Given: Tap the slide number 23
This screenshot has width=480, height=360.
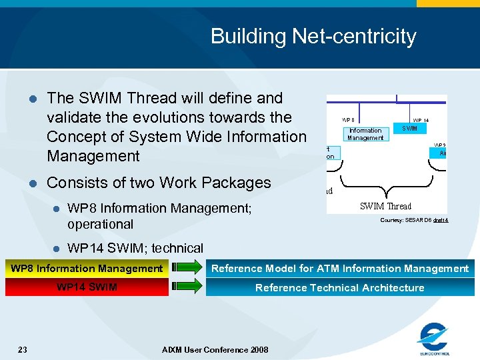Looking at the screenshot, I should (x=23, y=349).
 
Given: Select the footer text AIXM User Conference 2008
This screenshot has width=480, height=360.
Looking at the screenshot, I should (x=215, y=350).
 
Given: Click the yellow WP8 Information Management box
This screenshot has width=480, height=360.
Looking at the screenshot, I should (x=87, y=269).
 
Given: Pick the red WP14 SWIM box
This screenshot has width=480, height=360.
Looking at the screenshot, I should (x=87, y=287).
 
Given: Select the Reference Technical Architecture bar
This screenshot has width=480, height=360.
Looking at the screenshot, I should (x=340, y=287).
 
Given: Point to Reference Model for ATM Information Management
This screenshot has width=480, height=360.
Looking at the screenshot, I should (x=340, y=269).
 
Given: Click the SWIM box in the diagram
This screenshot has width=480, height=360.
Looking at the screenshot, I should (x=409, y=128).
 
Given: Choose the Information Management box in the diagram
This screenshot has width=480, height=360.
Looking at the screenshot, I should (x=365, y=134).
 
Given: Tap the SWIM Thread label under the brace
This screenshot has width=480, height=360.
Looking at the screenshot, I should (x=385, y=207).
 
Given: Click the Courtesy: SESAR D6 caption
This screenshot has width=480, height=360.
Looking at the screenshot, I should (x=414, y=220).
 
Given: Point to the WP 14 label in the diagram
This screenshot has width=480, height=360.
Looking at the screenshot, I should (x=421, y=120).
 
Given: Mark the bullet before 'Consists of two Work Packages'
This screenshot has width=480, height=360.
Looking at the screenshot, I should (x=31, y=183).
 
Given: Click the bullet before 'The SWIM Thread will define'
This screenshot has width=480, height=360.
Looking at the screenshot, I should (x=31, y=99).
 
